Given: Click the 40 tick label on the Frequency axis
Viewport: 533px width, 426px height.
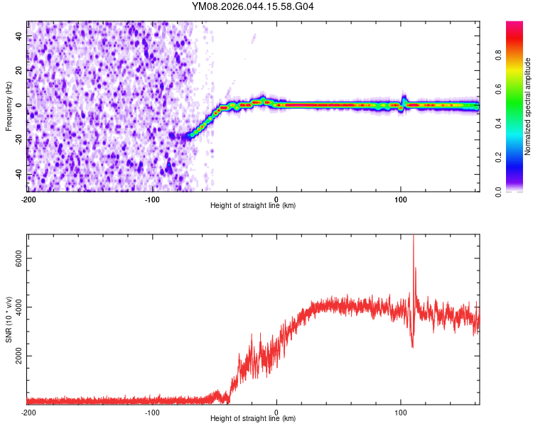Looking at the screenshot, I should point(19,35).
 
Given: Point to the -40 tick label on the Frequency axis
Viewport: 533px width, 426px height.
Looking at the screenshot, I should point(19,175).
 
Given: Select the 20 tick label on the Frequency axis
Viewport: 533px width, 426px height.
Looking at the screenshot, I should point(19,70).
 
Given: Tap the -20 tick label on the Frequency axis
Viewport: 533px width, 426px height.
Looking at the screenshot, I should point(19,140).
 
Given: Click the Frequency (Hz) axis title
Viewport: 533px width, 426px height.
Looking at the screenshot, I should point(9,106).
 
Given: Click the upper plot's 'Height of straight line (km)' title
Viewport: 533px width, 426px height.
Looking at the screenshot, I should point(253,205).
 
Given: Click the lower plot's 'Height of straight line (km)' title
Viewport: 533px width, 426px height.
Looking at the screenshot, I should point(253,418).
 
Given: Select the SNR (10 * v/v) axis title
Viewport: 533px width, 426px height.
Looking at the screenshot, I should point(9,319).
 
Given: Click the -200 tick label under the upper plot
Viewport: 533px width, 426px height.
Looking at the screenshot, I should point(28,198).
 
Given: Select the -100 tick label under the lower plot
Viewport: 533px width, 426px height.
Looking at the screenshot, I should point(152,411).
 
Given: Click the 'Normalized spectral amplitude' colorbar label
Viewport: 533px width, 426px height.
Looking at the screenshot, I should point(528,106).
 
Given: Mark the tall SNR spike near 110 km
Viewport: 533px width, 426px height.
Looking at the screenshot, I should point(413,241).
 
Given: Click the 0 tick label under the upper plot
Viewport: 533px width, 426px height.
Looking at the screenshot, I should point(276,198).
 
